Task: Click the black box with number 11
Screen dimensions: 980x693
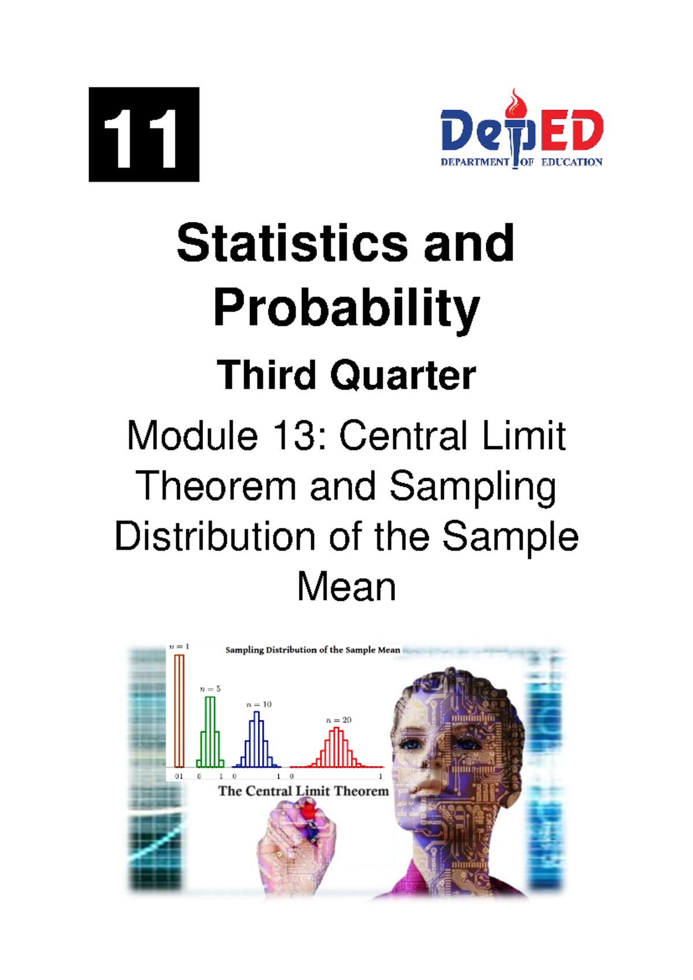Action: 144,135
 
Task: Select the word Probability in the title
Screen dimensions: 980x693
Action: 346,308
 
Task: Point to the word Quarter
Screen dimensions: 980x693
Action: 403,376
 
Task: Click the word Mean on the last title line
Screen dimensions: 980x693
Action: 346,588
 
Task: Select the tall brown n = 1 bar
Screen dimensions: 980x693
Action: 179,711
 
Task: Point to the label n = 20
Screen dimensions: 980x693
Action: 338,720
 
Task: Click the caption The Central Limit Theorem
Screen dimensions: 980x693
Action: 303,791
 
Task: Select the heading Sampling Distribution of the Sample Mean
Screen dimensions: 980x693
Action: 312,650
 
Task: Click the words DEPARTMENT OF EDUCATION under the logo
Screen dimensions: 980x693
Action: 521,162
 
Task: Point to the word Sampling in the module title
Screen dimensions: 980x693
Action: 472,487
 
